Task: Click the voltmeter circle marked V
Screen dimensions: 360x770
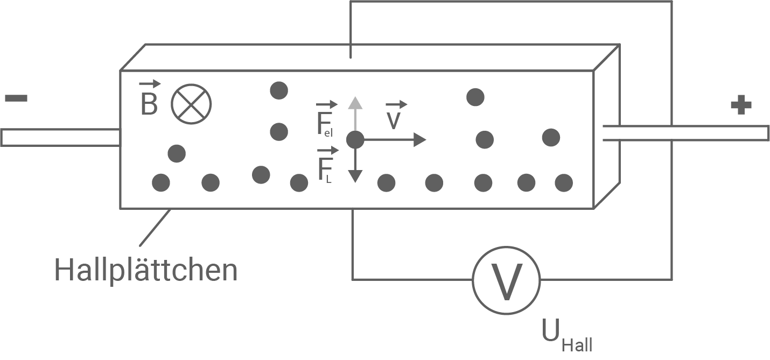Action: [506, 280]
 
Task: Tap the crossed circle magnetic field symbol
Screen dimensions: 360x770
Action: [191, 104]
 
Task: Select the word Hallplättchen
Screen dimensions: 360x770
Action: [146, 270]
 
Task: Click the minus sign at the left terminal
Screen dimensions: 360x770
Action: [16, 98]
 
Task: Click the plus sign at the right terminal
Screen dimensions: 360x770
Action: [741, 105]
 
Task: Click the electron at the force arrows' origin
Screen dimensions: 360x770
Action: [355, 140]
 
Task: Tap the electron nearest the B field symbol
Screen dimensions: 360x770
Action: [177, 153]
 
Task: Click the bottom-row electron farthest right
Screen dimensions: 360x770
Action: [564, 182]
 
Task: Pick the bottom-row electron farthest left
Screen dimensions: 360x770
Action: [161, 182]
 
